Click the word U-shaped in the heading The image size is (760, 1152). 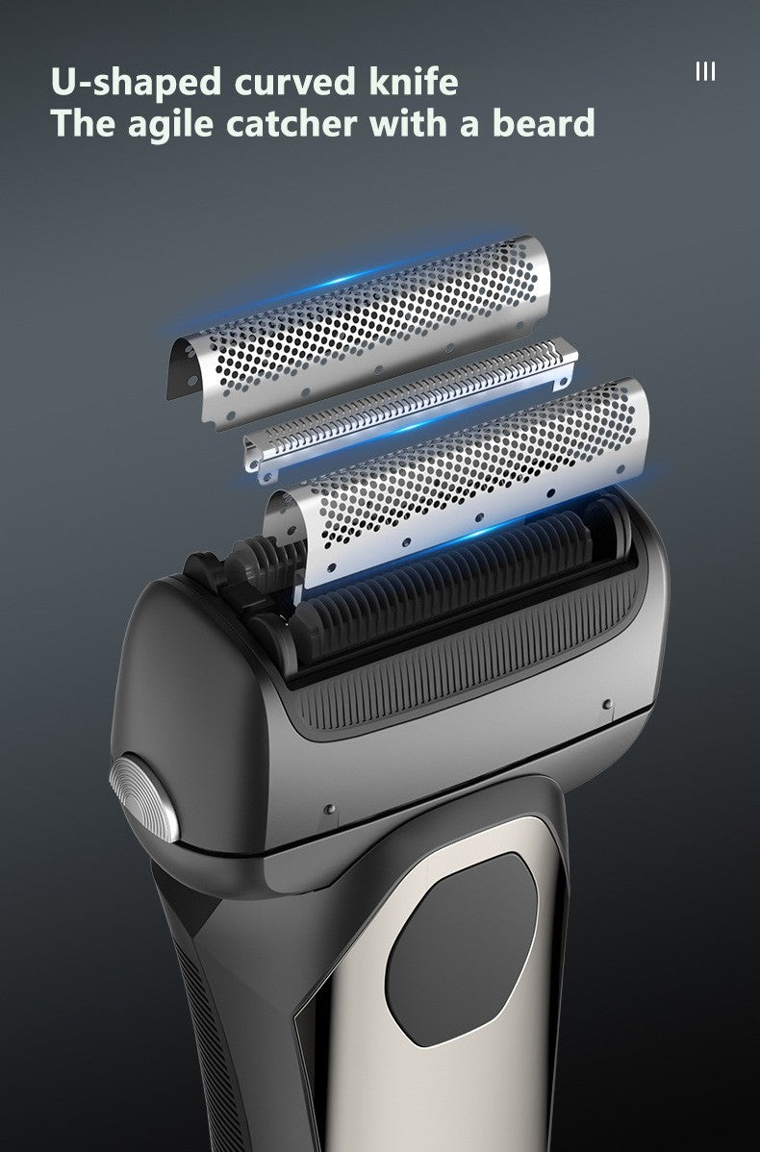[136, 83]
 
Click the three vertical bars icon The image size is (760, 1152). [705, 71]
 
